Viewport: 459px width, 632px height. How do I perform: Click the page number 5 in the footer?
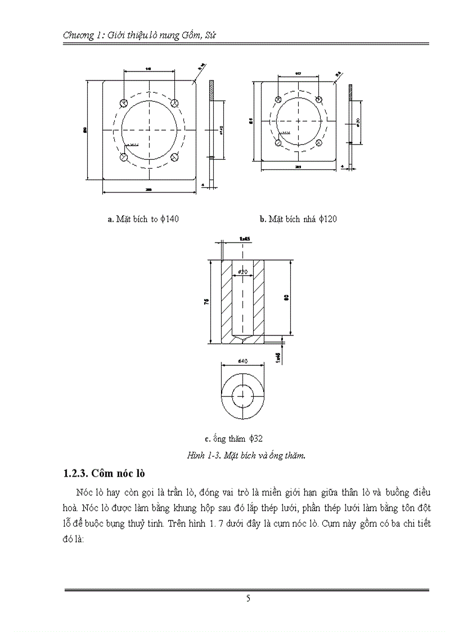click(248, 599)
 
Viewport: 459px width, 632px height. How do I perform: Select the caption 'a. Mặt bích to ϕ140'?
click(143, 219)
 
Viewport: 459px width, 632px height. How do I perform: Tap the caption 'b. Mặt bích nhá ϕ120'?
click(298, 219)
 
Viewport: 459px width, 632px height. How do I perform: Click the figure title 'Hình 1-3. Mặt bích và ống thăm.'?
click(246, 456)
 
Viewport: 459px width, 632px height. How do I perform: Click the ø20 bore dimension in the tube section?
click(243, 272)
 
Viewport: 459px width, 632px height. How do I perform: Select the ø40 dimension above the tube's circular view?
click(243, 362)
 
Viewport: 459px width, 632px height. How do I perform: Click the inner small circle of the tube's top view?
click(243, 393)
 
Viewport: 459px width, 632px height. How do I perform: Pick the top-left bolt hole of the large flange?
click(124, 103)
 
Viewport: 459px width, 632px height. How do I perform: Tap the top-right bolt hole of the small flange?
click(319, 99)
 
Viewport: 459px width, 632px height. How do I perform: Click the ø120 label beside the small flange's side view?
click(358, 122)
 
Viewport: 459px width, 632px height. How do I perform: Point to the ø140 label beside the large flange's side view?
click(222, 131)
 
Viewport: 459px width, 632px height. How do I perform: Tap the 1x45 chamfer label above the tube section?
click(244, 239)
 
